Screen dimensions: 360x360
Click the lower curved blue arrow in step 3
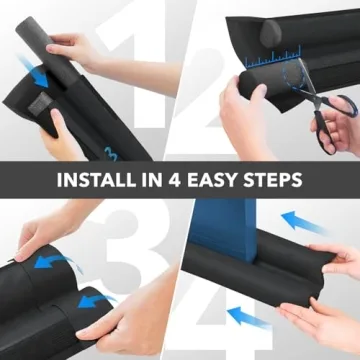[x=95, y=301]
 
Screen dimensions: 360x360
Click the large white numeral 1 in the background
[x=140, y=70]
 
